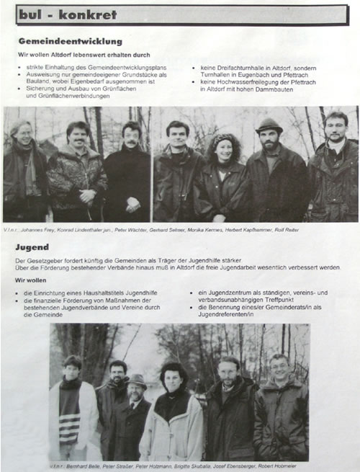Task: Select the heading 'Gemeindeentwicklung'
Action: click(70, 42)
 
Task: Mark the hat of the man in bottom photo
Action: click(138, 379)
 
